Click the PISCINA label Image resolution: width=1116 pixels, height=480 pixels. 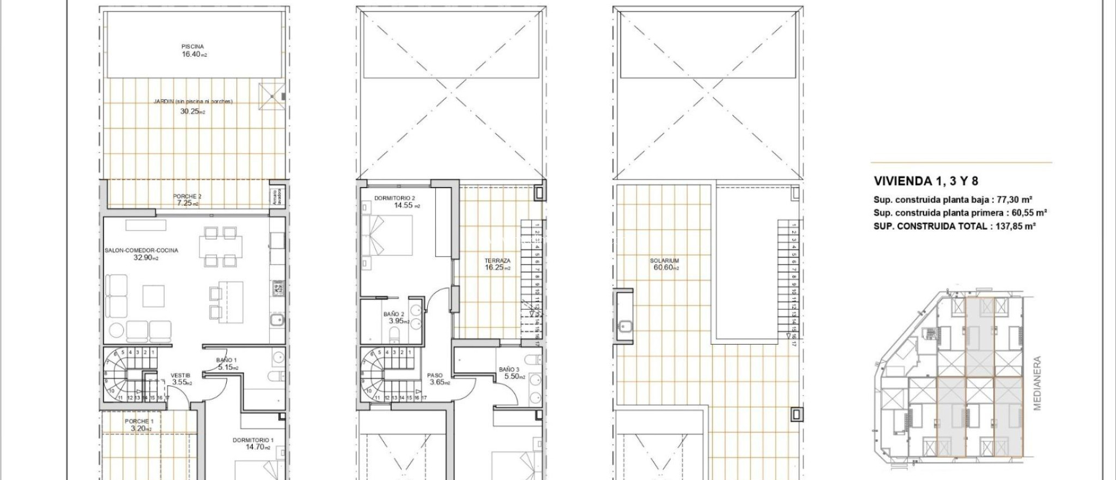pos(193,47)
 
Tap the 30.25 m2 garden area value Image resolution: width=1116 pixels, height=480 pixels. pos(192,112)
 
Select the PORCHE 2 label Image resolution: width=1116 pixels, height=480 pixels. pos(187,196)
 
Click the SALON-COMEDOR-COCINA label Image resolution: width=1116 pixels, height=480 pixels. pos(141,250)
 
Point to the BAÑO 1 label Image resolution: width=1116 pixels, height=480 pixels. pos(227,360)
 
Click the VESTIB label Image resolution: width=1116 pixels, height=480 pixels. pos(180,375)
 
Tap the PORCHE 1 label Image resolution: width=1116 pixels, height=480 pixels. pos(139,421)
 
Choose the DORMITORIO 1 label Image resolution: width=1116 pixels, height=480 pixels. pos(253,440)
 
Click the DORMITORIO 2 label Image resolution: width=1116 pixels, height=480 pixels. pos(395,198)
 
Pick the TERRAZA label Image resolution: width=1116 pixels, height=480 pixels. pos(498,261)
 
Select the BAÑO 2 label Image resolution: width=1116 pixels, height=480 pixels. pos(393,314)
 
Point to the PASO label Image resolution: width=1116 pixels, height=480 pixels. pos(435,375)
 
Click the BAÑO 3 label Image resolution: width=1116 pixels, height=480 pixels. pos(510,370)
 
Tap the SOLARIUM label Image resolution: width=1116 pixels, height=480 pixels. pos(664,261)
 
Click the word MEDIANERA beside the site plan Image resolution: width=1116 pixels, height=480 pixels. pos(1037,383)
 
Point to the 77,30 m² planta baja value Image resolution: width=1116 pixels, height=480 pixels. pos(1012,200)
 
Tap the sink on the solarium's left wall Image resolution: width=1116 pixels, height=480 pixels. pos(624,327)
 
